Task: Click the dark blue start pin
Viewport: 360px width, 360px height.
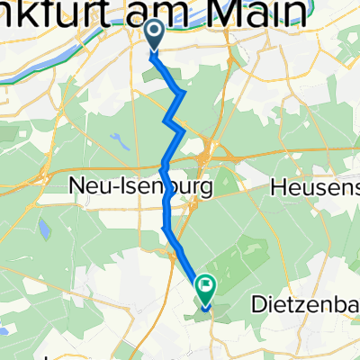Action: click(154, 34)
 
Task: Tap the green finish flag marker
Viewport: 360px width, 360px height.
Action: click(206, 290)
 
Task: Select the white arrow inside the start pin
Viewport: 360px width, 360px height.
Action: click(154, 32)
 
